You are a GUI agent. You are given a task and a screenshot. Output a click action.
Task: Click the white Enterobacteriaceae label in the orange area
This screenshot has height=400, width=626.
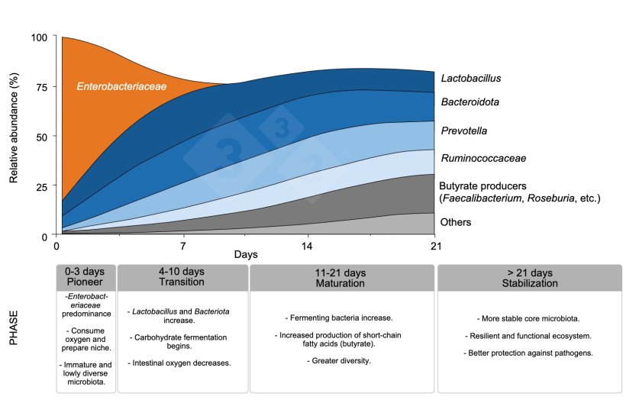121,86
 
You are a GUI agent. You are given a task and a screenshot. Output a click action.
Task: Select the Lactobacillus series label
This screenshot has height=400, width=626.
471,78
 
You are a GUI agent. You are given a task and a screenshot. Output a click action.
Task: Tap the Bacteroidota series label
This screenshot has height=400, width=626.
470,102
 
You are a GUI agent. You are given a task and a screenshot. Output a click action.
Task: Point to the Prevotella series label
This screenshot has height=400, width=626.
464,131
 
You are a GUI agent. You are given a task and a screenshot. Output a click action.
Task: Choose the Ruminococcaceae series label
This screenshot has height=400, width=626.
483,158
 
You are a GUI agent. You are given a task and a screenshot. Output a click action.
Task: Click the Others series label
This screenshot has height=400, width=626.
456,222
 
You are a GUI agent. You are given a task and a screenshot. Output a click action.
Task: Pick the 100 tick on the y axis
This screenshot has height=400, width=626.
39,37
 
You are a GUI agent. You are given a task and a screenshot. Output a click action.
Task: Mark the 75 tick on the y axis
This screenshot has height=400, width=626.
41,87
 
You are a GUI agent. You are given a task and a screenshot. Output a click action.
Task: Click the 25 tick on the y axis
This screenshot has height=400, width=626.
41,187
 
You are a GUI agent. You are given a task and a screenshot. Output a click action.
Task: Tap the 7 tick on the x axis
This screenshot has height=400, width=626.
183,246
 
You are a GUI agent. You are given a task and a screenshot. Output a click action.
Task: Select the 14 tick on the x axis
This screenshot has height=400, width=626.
307,246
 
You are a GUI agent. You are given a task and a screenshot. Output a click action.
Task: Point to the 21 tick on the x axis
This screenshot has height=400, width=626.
436,246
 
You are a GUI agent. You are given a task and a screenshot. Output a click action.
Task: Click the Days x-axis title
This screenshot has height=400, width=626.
246,255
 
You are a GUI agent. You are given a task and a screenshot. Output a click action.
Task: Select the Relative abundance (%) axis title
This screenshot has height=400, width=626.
14,127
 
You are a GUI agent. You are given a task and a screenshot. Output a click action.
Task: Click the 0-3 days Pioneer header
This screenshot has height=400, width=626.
85,276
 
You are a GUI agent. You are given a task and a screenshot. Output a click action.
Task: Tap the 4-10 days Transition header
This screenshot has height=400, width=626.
182,276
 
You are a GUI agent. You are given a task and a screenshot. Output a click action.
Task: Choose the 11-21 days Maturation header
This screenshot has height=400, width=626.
340,278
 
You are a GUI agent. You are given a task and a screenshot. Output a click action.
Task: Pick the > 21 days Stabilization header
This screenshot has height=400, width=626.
530,278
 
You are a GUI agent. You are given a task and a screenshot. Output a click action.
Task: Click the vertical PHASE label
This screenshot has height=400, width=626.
14,327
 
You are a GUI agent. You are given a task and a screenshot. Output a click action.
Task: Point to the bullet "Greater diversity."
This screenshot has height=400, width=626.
339,361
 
